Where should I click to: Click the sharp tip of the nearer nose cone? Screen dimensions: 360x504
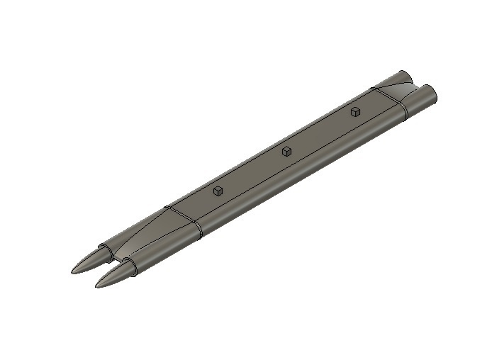pos(97,286)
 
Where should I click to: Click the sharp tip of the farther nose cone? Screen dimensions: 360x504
pos(72,271)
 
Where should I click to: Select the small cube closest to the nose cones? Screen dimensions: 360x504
pos(218,190)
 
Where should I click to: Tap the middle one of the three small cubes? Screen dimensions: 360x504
pos(286,150)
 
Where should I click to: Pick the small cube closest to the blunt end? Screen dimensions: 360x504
pos(355,111)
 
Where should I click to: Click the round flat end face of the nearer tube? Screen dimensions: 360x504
pos(428,93)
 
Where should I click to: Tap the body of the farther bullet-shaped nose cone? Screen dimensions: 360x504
pos(89,261)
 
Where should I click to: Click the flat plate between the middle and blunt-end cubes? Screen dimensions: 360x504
pos(319,135)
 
